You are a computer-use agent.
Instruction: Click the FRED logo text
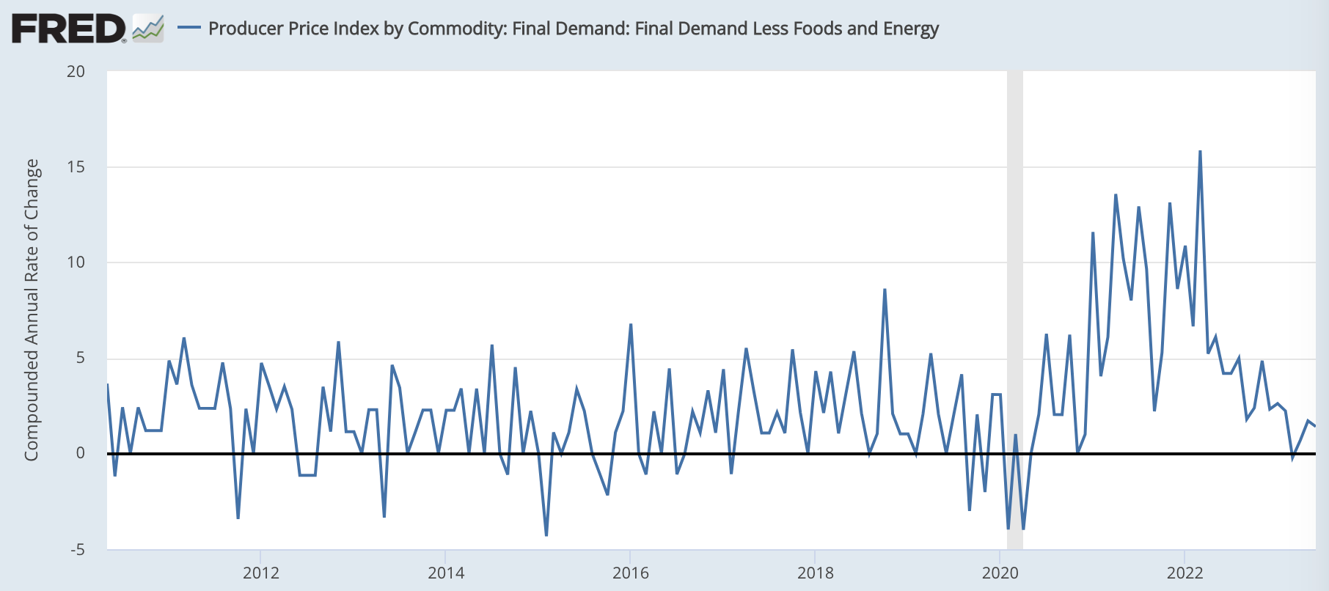pos(68,29)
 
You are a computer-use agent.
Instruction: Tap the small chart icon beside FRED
pos(148,29)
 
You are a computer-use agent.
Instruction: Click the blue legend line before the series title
pos(189,29)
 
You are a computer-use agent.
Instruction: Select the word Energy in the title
pos(911,29)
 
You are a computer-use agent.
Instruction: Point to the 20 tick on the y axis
pos(76,72)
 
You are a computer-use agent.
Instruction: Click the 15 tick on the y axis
pos(76,167)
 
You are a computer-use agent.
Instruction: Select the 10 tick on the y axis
pos(76,263)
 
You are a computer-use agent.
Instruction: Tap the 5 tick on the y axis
pos(80,359)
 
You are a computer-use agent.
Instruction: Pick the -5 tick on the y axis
pos(77,550)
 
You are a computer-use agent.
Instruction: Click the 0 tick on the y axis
pos(80,454)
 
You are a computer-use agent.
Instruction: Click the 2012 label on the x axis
pos(261,573)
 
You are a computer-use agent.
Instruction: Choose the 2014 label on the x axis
pos(446,573)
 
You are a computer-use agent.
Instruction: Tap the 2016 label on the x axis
pos(631,573)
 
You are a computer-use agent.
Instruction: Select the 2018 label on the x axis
pos(816,573)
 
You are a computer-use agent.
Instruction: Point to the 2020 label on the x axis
pos(1000,573)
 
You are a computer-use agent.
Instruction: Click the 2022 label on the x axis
pos(1185,573)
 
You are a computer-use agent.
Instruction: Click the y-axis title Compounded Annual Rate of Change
pos(32,310)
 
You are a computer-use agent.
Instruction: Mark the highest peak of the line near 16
pos(1200,152)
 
